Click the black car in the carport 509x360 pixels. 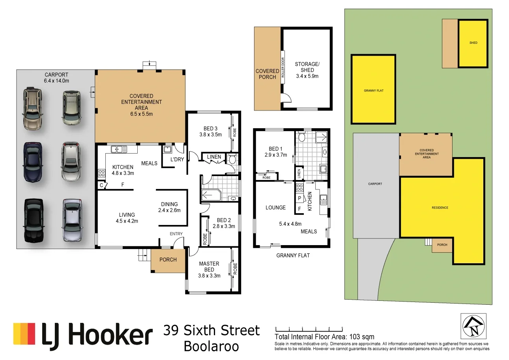pyautogui.click(x=34, y=220)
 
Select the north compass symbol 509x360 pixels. pyautogui.click(x=473, y=326)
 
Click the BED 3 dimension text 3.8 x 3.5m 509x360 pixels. pyautogui.click(x=210, y=134)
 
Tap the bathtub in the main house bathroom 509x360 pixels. pyautogui.click(x=211, y=195)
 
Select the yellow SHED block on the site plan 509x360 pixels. pyautogui.click(x=473, y=43)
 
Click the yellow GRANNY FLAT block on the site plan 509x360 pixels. pyautogui.click(x=373, y=90)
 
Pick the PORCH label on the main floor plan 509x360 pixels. pyautogui.click(x=168, y=259)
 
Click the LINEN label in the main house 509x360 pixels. pyautogui.click(x=214, y=157)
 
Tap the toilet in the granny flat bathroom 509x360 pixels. pyautogui.click(x=302, y=137)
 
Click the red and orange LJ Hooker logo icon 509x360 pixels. pyautogui.click(x=25, y=334)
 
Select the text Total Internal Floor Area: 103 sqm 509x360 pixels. pyautogui.click(x=324, y=337)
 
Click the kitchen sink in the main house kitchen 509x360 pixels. pyautogui.click(x=119, y=149)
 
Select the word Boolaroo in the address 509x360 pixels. pyautogui.click(x=211, y=346)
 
